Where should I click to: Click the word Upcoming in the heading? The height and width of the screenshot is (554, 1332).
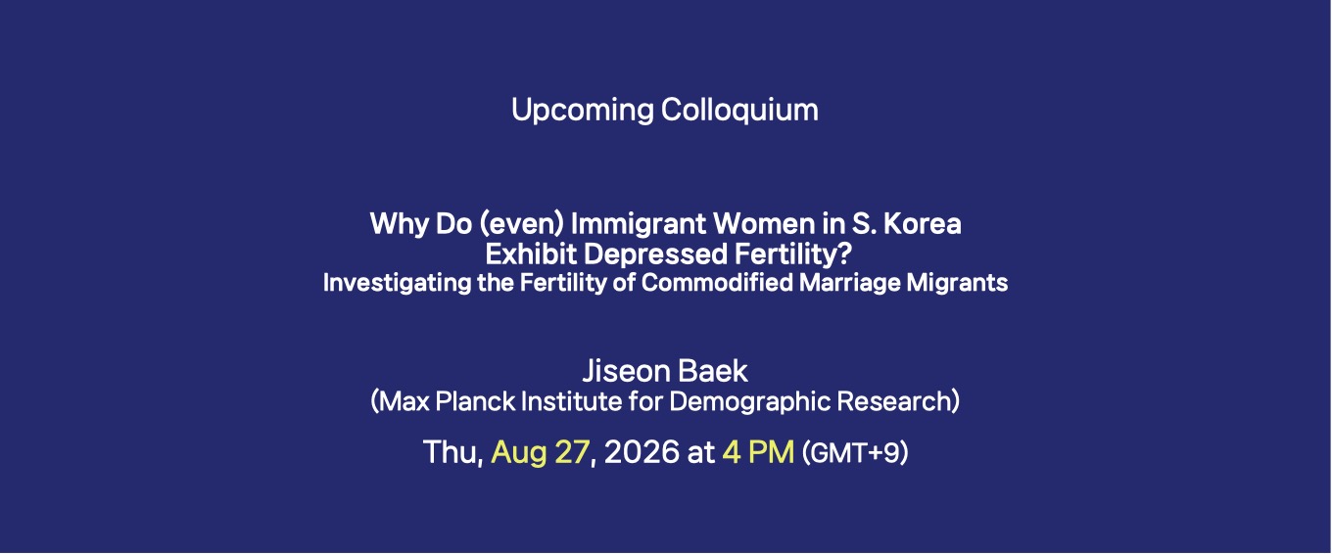(582, 111)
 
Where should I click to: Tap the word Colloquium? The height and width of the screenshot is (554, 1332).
(739, 110)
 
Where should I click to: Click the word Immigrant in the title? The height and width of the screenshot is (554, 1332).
(638, 224)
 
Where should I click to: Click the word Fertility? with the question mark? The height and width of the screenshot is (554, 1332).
(793, 254)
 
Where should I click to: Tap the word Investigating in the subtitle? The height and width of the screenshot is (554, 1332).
(397, 283)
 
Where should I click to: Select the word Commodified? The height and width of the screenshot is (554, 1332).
(717, 282)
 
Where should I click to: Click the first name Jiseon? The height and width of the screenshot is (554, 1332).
(625, 371)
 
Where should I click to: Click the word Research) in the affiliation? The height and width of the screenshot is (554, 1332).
(898, 401)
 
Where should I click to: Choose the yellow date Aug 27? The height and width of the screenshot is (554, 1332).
(540, 452)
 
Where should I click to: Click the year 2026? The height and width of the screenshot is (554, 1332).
(641, 452)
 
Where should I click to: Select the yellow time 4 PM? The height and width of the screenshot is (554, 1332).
(758, 452)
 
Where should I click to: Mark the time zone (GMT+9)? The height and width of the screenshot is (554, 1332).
(855, 453)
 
